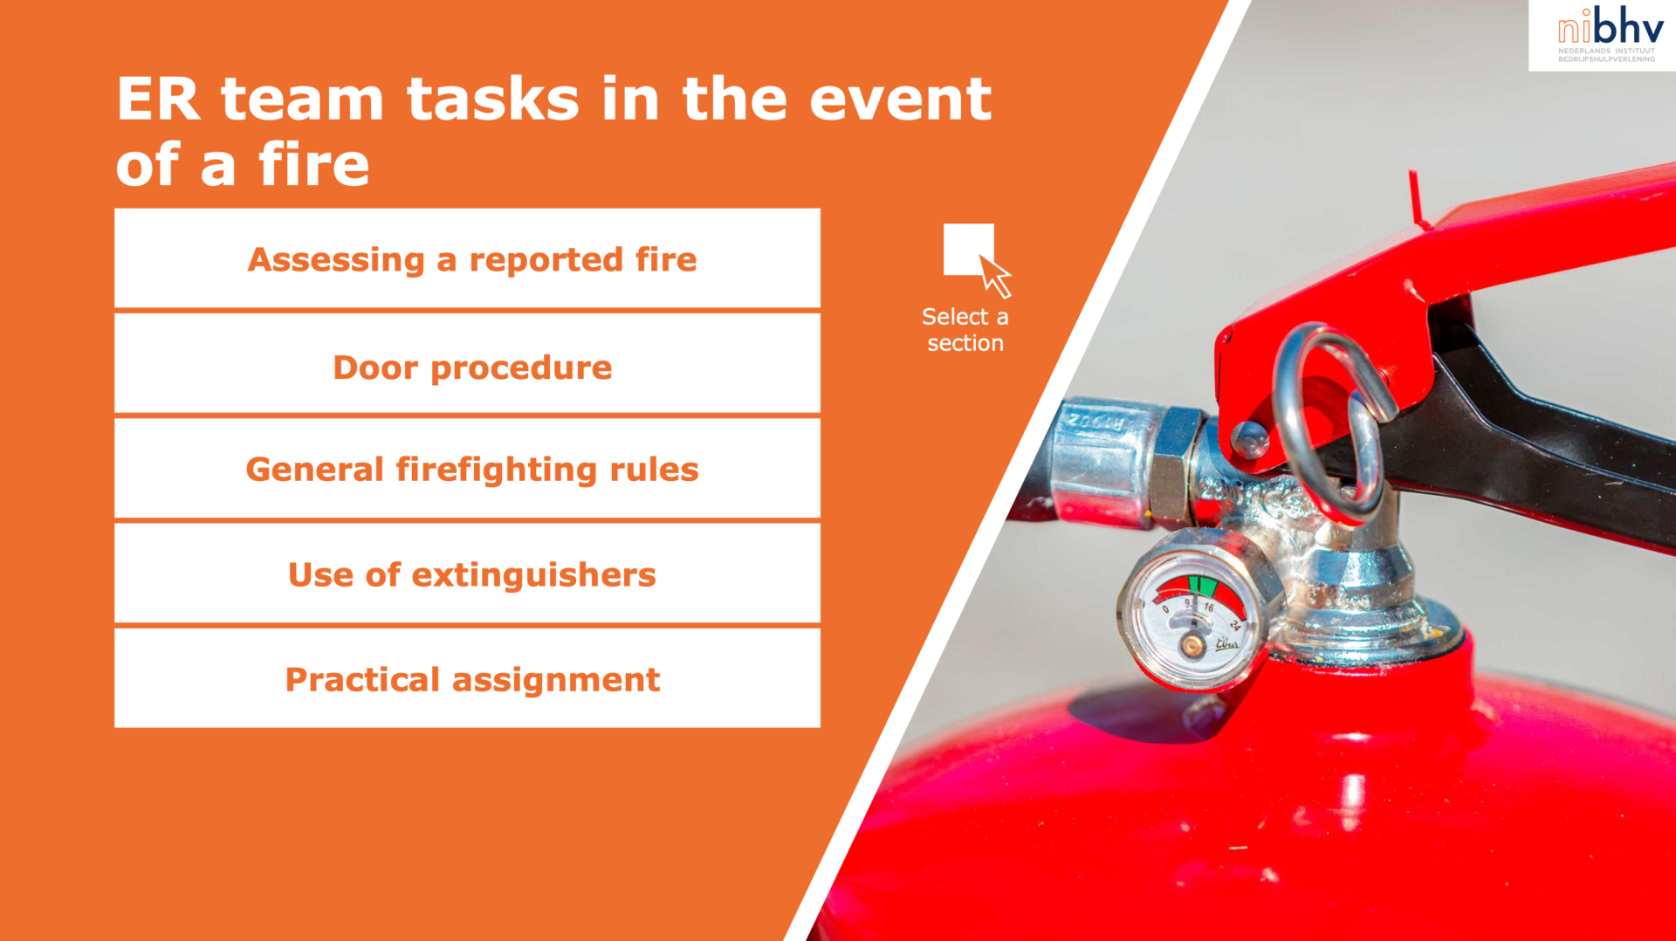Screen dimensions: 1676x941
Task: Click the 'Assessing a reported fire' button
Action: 467,258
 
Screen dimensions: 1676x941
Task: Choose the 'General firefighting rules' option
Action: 467,469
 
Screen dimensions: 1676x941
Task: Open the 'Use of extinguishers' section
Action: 467,574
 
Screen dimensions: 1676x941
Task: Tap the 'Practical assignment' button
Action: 467,678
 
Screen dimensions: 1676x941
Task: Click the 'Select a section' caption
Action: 965,330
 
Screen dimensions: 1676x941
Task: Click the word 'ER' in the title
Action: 158,99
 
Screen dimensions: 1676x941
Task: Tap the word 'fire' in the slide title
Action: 313,164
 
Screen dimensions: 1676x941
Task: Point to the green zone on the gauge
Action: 1202,583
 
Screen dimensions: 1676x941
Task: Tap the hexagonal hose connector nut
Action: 1174,465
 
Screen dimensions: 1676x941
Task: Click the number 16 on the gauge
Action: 1209,606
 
